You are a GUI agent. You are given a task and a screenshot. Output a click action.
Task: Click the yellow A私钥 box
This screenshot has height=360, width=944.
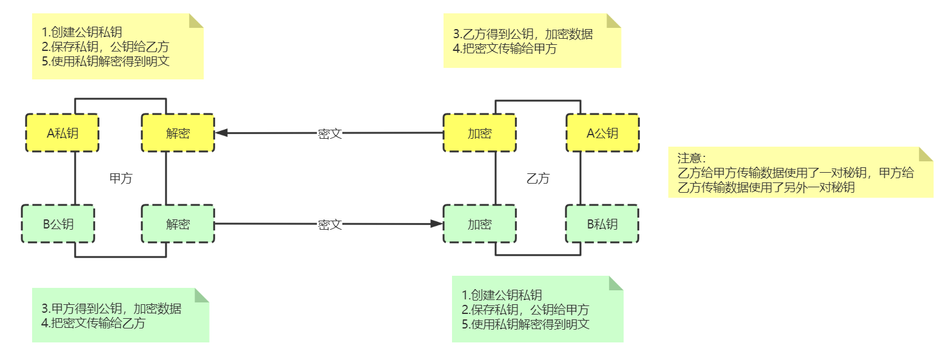[x=62, y=133]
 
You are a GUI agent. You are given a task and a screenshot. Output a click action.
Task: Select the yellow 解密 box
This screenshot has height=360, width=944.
[x=178, y=133]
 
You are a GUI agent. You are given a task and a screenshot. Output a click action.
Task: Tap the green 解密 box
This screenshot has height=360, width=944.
[x=178, y=224]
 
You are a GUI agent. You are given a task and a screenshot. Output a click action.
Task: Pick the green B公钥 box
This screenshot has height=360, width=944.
[x=58, y=224]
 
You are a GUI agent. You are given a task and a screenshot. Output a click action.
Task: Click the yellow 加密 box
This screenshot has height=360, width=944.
[x=479, y=133]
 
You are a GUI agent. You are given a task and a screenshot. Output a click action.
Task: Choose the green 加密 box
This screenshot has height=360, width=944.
[x=479, y=224]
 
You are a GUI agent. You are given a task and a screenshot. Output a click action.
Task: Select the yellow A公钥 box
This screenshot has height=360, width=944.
[x=602, y=133]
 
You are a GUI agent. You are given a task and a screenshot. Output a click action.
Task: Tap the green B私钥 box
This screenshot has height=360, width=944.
[x=602, y=224]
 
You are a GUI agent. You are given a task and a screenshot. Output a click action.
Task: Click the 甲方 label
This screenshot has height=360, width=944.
[x=121, y=179]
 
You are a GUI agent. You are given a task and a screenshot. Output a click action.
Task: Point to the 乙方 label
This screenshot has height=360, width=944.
[x=538, y=179]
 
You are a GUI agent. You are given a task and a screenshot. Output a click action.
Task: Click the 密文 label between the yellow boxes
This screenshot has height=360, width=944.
[x=330, y=134]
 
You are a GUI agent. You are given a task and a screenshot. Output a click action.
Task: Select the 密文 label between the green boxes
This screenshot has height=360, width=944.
[x=330, y=225]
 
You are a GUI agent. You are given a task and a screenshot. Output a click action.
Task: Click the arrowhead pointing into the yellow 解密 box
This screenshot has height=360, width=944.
[x=221, y=133]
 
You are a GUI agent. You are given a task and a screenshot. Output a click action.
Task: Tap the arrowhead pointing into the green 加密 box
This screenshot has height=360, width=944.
[x=437, y=224]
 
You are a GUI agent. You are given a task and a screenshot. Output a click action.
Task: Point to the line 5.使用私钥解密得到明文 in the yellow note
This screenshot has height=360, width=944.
[x=110, y=61]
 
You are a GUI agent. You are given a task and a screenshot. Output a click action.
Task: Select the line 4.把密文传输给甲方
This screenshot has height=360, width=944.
[x=505, y=49]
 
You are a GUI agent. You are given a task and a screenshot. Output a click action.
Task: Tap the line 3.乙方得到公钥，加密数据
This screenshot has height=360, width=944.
[x=523, y=35]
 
